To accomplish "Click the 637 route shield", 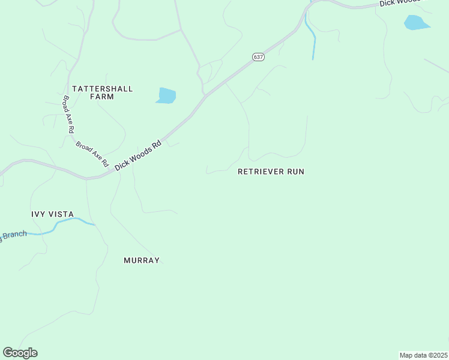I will (258, 57).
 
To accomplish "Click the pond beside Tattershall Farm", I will (166, 95).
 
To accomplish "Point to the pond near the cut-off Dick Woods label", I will (416, 23).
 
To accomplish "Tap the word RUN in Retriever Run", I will (294, 172).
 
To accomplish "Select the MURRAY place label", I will (142, 260).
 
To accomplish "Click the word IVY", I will (39, 214).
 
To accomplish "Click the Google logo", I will (20, 353).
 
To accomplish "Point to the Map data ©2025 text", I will (423, 355).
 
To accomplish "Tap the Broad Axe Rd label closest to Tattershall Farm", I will (68, 114).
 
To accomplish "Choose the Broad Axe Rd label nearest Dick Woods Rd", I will (92, 154).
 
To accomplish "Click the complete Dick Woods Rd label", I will (139, 155).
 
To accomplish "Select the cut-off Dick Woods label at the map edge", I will (401, 3).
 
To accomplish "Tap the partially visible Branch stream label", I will (13, 235).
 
